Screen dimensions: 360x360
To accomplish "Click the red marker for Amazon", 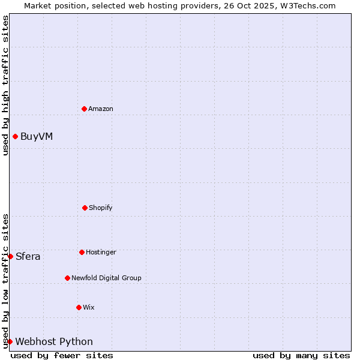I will point(85,109).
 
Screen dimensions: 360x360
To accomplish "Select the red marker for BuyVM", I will point(15,136).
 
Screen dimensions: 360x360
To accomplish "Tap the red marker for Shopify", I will point(85,208).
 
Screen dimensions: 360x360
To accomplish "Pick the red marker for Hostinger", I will point(82,252).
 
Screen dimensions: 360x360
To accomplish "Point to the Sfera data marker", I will point(10,256).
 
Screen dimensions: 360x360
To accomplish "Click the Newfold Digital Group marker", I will point(67,278).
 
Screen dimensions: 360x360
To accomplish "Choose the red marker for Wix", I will point(79,307).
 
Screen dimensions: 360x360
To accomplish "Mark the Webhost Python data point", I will point(10,341).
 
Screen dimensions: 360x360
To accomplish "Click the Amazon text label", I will point(101,109).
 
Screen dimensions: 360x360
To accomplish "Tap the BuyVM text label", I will point(37,136).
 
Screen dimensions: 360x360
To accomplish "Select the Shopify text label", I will point(101,208).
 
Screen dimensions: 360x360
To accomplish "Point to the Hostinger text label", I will point(101,252).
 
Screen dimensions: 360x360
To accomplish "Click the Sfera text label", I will point(28,257).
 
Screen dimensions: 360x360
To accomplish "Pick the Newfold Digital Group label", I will point(106,278).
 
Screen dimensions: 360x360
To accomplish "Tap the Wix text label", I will point(89,307).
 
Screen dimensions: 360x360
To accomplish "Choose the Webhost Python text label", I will point(54,342).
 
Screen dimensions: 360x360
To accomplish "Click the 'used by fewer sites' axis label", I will point(62,355).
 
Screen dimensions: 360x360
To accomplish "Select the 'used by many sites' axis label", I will point(301,355).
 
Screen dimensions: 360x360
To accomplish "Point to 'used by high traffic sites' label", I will point(5,85).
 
